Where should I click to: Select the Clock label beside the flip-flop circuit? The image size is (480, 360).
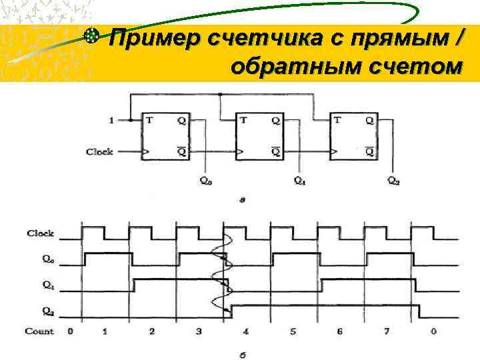tap(99, 152)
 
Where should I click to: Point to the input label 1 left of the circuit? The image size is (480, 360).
tap(111, 121)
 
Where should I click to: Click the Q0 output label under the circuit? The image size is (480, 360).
tap(206, 180)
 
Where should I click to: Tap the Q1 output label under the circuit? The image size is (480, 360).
tap(300, 180)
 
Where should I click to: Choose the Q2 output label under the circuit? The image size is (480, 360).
tap(394, 180)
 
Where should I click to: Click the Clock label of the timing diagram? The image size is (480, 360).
tap(40, 233)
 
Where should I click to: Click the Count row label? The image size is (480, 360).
tap(39, 331)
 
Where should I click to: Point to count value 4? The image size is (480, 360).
tap(247, 331)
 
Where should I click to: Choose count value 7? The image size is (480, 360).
tap(387, 331)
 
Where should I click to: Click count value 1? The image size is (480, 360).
tap(105, 331)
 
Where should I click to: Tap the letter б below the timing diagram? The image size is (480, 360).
tap(243, 355)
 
